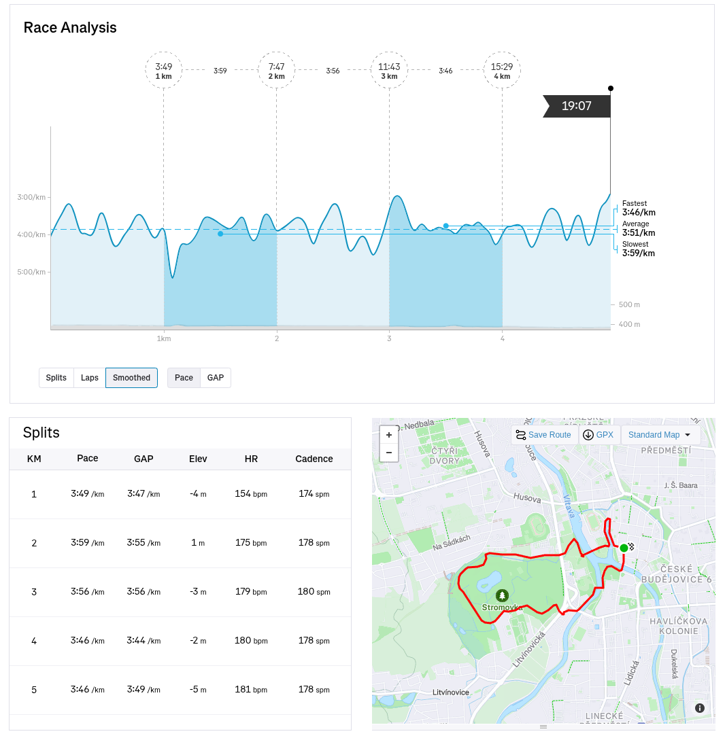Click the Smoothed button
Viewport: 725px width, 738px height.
click(131, 378)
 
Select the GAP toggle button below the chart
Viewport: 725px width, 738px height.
click(216, 378)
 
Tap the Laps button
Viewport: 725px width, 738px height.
click(90, 378)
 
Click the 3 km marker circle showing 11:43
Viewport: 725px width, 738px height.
click(389, 71)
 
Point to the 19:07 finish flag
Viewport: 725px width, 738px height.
click(576, 106)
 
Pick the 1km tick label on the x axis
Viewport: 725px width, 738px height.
click(163, 338)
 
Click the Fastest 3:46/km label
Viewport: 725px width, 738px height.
click(639, 208)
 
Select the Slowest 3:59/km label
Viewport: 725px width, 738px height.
click(639, 249)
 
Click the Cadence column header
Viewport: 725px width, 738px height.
click(314, 459)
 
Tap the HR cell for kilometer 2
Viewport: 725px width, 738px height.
click(251, 543)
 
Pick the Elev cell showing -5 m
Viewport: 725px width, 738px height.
click(198, 690)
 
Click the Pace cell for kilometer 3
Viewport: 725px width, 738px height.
click(88, 592)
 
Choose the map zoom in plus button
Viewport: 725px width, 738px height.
click(389, 435)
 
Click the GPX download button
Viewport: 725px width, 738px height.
click(598, 435)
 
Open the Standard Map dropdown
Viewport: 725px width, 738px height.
click(660, 435)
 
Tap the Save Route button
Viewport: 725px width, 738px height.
click(543, 435)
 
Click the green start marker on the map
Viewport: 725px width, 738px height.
click(624, 548)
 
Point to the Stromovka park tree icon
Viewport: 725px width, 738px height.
click(502, 596)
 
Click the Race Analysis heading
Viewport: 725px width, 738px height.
click(70, 28)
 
